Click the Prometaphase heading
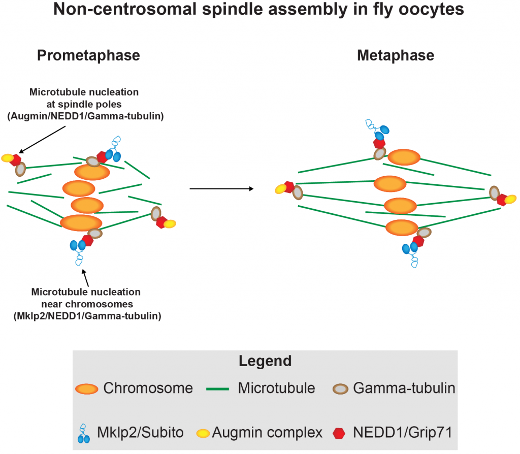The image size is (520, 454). [x=88, y=55]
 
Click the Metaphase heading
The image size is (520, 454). [x=396, y=55]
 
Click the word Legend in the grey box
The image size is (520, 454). [x=265, y=361]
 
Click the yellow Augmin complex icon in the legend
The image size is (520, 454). [x=203, y=433]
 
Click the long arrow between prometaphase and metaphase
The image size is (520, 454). [x=221, y=189]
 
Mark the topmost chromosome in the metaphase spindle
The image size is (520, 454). [x=404, y=157]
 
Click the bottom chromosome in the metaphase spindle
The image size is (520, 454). [x=402, y=228]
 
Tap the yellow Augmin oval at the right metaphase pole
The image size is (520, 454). [x=510, y=199]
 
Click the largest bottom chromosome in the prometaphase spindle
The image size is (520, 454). [x=81, y=222]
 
